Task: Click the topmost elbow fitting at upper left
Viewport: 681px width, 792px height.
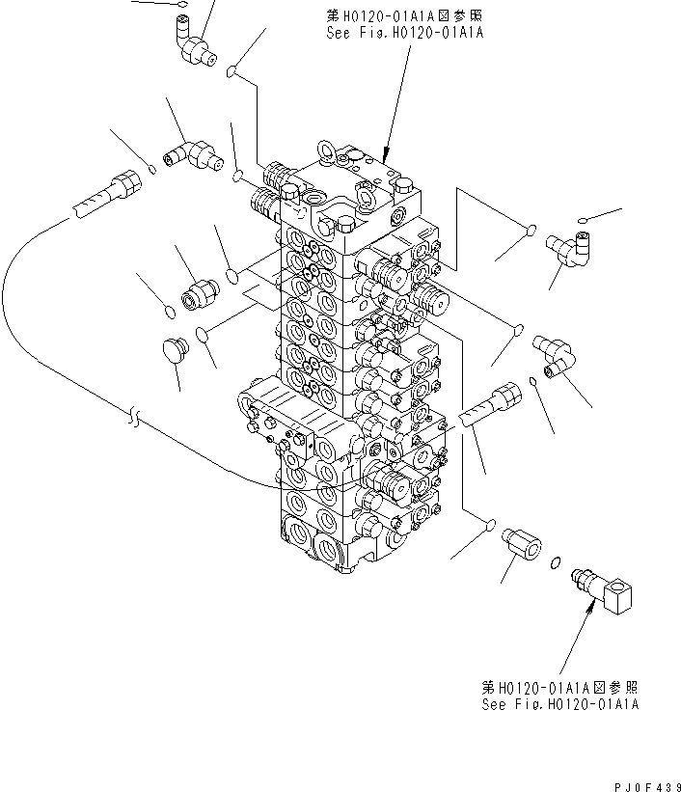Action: coord(197,45)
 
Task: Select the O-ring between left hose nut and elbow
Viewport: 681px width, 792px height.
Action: coord(153,170)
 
